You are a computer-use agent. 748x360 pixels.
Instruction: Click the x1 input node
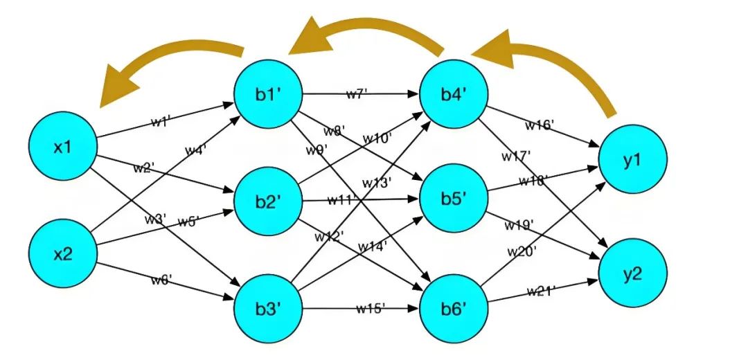coord(63,147)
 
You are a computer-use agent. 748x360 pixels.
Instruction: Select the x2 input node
coord(63,254)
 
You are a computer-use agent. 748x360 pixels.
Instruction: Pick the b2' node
coord(267,202)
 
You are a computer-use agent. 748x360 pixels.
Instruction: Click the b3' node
coord(267,308)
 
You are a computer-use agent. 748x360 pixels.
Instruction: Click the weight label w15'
coord(371,307)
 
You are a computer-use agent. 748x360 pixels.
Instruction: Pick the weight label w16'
coord(539,125)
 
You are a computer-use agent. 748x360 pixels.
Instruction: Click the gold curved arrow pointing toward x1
coord(166,69)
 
